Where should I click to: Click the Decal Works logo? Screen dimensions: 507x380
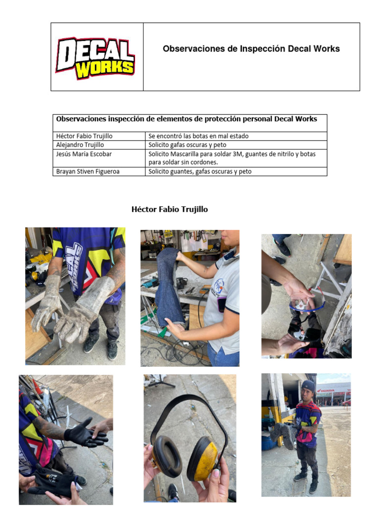(95, 57)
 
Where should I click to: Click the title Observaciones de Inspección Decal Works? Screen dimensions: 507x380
(251, 49)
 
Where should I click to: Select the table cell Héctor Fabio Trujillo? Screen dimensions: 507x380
(84, 136)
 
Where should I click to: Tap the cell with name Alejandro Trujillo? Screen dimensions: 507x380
(80, 145)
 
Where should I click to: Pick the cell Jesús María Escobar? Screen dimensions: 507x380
(84, 154)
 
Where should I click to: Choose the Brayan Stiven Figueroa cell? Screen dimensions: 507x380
(88, 171)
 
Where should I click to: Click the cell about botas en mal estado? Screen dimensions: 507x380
(198, 136)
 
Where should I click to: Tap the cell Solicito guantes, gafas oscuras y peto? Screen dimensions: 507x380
(200, 171)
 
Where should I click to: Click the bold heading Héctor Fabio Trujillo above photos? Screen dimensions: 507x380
(170, 209)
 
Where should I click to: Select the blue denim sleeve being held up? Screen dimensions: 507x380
(169, 287)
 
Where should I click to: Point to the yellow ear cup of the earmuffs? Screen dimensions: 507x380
(203, 458)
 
